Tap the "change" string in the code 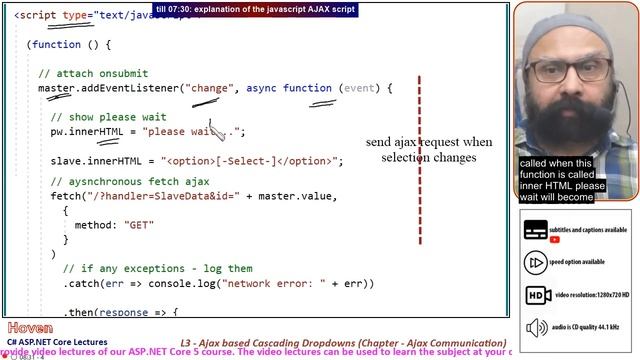point(209,89)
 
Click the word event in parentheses point(359,89)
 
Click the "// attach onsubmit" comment point(92,74)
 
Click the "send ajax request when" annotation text point(429,142)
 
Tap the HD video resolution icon point(538,296)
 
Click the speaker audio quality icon point(538,328)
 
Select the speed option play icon point(537,262)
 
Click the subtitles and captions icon point(537,230)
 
